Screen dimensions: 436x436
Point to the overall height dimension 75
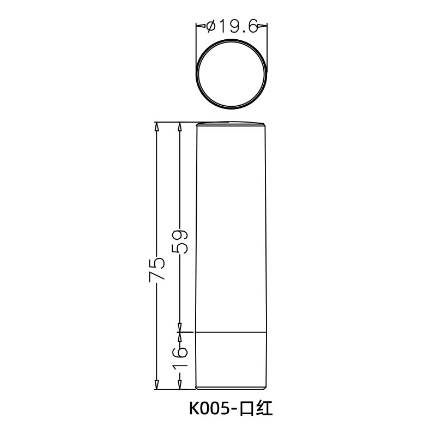coord(156,269)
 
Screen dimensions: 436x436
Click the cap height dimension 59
coord(180,241)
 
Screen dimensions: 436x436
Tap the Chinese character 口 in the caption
coord(249,408)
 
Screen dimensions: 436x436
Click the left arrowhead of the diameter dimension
coord(199,26)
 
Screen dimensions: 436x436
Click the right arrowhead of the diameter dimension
coord(263,26)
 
